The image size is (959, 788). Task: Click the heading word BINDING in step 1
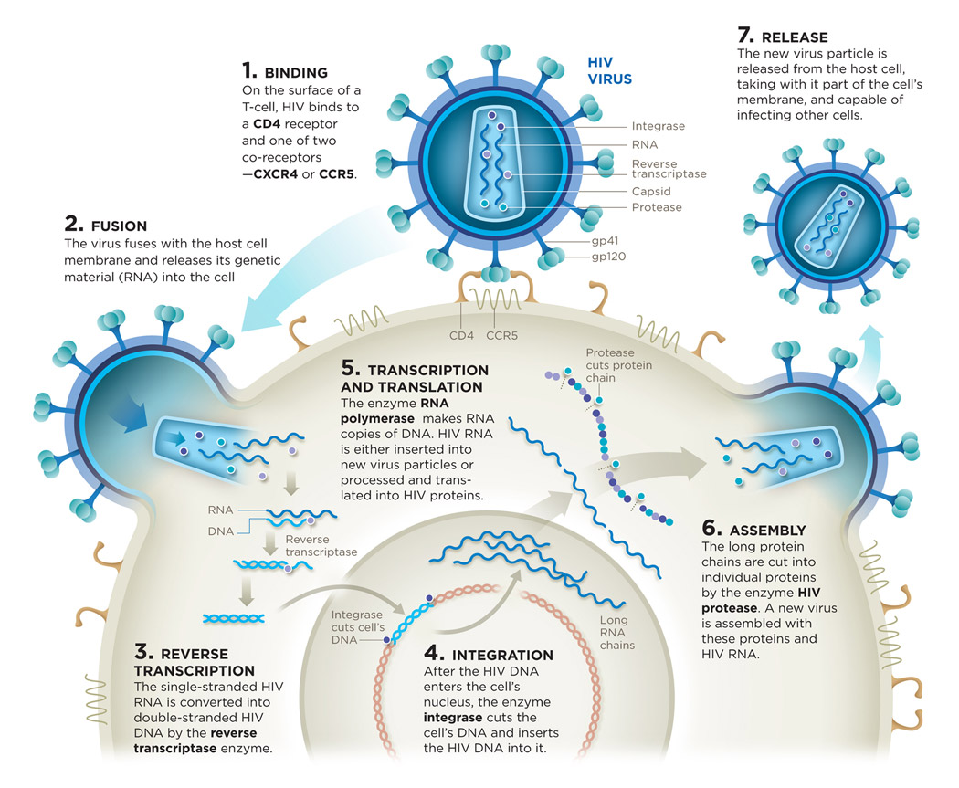(297, 71)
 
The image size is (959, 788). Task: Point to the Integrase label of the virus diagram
(658, 126)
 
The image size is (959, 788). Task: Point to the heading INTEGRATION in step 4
(502, 655)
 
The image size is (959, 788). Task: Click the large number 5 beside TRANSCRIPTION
(351, 369)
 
